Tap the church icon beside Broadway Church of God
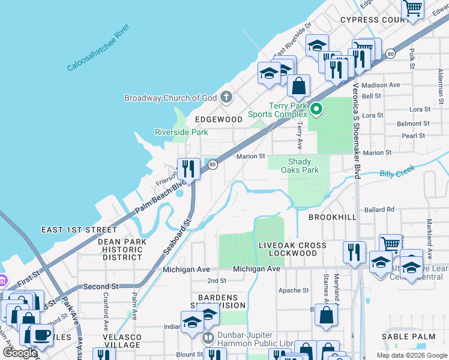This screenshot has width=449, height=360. coord(226,97)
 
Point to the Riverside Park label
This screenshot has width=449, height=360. coord(181,132)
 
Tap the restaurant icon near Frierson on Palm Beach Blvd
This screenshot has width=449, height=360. coord(188,169)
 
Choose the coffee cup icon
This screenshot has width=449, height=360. coord(41,335)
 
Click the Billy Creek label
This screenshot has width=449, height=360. coord(397,173)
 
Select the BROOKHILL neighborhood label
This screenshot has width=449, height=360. coord(333,217)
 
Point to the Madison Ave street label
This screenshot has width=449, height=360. coord(381,85)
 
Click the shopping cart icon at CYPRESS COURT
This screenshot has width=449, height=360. coord(412,10)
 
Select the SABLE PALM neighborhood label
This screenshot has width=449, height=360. coord(411,337)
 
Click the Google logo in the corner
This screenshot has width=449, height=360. coord(20,353)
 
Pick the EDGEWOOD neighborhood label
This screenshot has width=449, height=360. coord(217,119)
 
